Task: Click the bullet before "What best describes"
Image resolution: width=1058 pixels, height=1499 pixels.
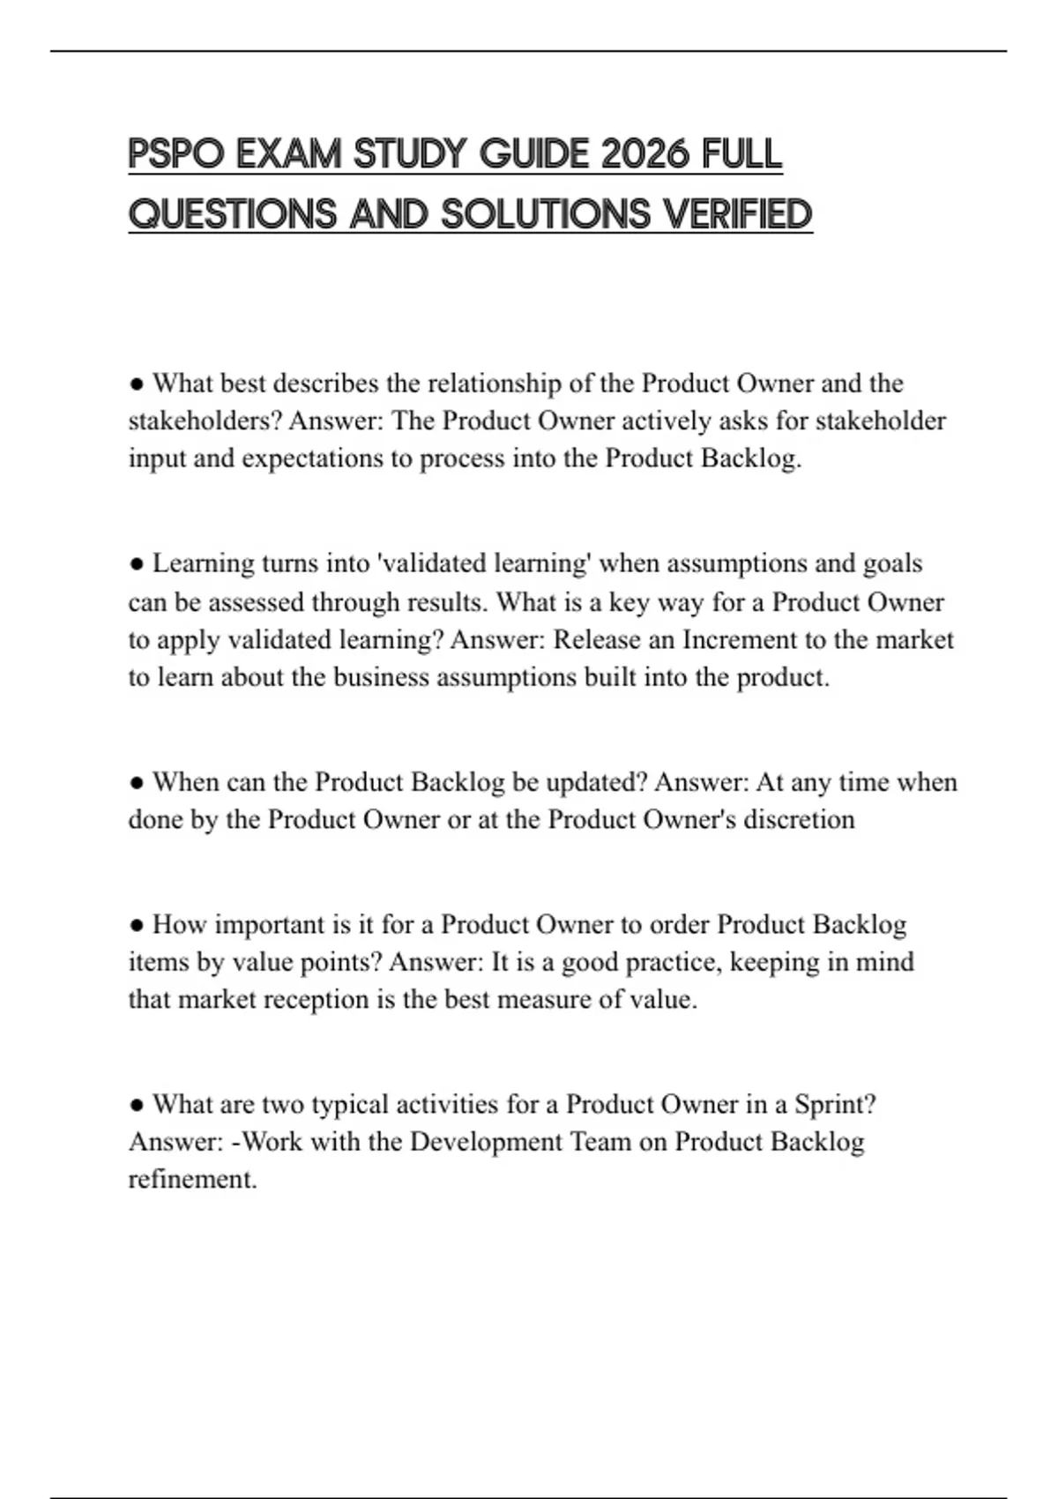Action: click(136, 384)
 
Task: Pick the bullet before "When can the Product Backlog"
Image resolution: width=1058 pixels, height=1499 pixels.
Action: click(136, 782)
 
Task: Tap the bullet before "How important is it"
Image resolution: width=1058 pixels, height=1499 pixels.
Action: click(136, 925)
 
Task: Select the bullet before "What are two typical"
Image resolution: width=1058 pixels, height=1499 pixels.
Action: click(136, 1105)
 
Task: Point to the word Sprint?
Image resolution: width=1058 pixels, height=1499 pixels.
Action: click(835, 1105)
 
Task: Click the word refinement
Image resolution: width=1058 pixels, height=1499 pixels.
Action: click(192, 1180)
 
